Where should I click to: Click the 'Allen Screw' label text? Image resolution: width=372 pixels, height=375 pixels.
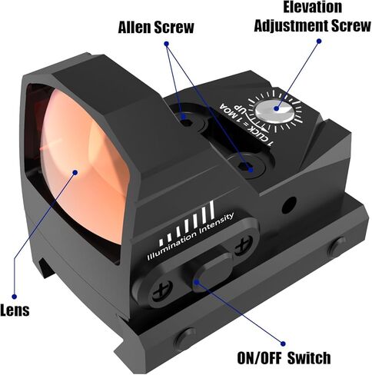click(x=156, y=27)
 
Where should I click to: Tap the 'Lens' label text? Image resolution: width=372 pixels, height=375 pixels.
click(x=15, y=310)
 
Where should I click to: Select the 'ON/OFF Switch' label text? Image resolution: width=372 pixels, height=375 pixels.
click(x=284, y=358)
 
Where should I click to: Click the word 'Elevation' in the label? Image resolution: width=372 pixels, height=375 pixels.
click(x=313, y=7)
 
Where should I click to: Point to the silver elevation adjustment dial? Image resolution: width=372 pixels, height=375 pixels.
click(x=274, y=112)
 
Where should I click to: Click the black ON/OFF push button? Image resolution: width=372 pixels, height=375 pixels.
click(x=212, y=272)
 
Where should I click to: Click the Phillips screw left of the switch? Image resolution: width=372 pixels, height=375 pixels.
click(x=162, y=291)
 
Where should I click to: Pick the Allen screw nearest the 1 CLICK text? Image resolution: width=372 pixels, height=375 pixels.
click(x=247, y=167)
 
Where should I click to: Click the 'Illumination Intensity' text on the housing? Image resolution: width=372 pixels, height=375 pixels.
click(x=190, y=236)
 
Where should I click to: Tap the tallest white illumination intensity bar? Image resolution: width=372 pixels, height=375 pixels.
click(x=211, y=211)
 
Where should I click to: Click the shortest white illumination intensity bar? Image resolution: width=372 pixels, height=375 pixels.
click(x=161, y=243)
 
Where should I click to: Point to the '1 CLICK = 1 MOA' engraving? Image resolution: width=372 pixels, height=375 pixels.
click(x=245, y=124)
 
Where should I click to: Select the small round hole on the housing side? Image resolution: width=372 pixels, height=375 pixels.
click(x=289, y=204)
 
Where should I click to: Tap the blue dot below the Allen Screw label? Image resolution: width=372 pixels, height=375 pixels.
click(x=166, y=44)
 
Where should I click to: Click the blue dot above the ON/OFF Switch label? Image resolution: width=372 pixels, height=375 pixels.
click(x=283, y=343)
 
